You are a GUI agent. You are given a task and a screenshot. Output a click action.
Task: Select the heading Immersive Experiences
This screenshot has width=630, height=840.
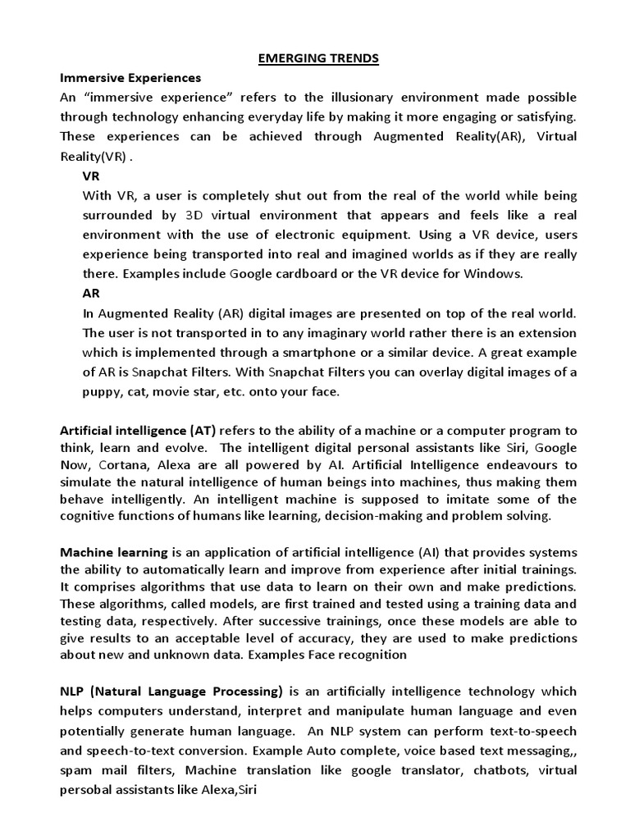point(130,78)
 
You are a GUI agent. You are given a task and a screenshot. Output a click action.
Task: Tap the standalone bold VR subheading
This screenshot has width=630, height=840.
point(92,176)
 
